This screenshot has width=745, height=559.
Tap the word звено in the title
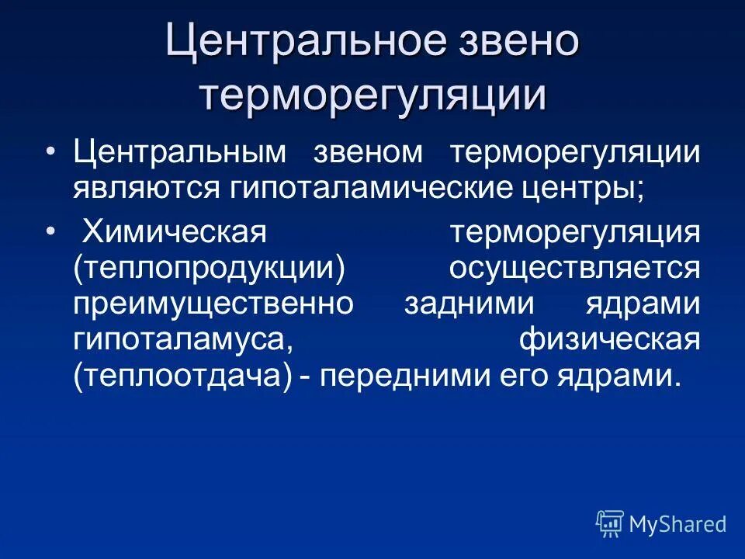(513, 43)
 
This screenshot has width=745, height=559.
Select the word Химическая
(175, 231)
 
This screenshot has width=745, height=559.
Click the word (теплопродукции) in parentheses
(210, 268)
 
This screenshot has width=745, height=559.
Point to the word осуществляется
(574, 268)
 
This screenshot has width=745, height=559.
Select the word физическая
(610, 339)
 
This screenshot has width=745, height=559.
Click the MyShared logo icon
(610, 524)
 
